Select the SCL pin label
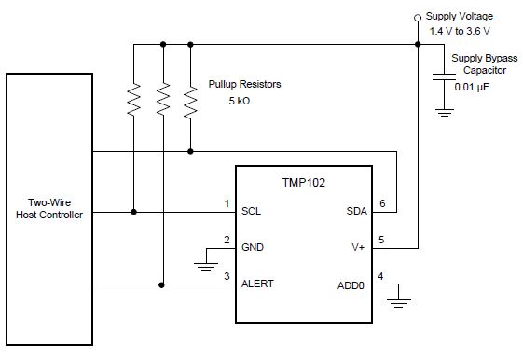251,211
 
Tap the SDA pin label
357,211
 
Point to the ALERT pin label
257,284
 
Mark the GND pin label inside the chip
253,247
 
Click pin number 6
381,203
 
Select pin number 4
381,276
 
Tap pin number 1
226,203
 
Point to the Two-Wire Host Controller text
49,209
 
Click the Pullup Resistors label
244,84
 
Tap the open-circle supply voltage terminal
418,17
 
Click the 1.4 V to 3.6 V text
461,31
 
